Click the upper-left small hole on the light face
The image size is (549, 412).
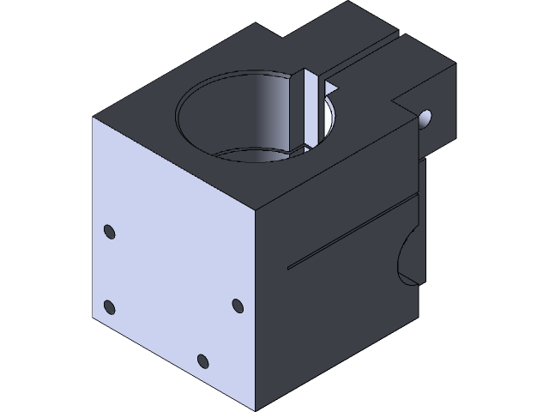tap(109, 231)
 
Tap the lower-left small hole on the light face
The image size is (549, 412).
tap(109, 306)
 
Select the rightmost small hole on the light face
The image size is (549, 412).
tap(238, 305)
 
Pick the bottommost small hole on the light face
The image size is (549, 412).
tap(202, 360)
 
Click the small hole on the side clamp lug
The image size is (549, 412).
tap(426, 117)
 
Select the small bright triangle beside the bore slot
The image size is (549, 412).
tap(329, 86)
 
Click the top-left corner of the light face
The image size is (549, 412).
tap(92, 118)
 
